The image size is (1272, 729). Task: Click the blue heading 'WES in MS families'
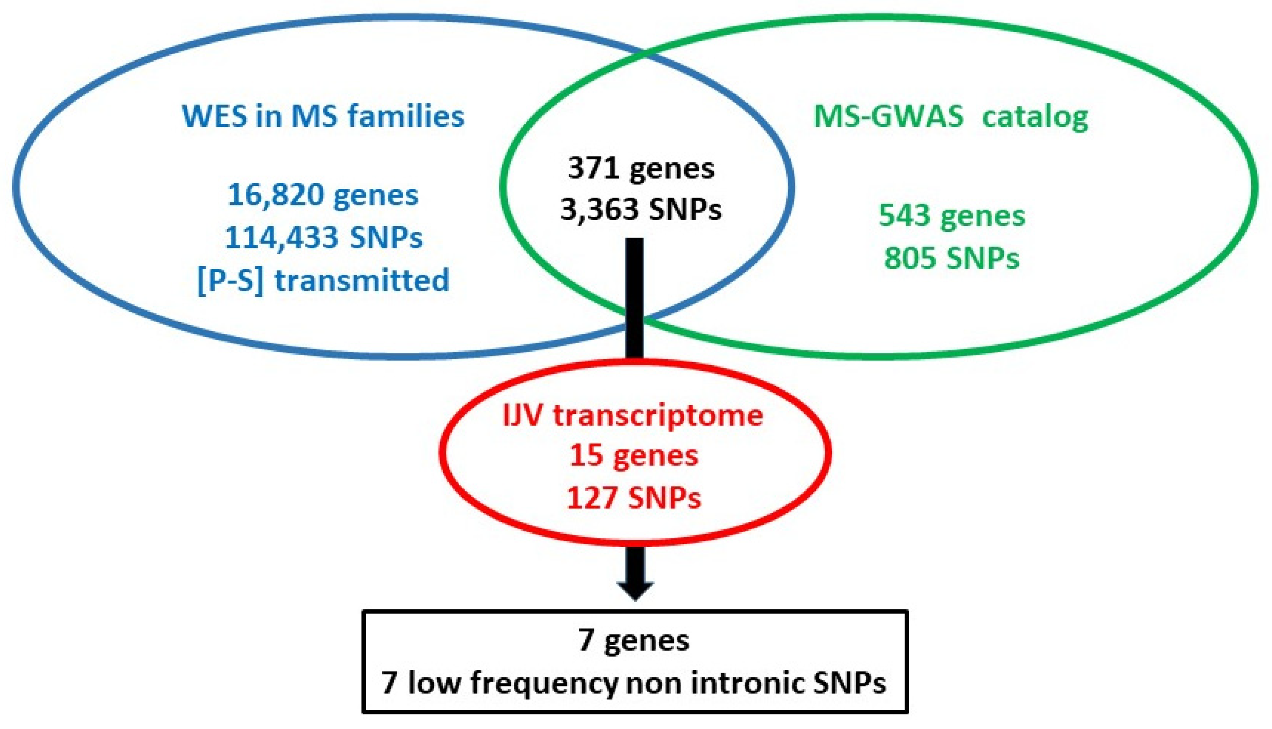[323, 117]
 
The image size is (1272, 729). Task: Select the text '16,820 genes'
[323, 195]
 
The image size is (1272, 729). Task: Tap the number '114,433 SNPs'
[324, 238]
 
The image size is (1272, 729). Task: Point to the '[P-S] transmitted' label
[324, 280]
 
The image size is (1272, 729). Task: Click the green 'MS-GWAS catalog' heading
[951, 117]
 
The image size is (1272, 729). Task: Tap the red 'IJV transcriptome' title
[633, 415]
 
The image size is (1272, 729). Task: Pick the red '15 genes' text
[634, 456]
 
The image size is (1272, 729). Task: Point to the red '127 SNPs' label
[634, 498]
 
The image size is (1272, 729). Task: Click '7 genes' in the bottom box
[634, 640]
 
